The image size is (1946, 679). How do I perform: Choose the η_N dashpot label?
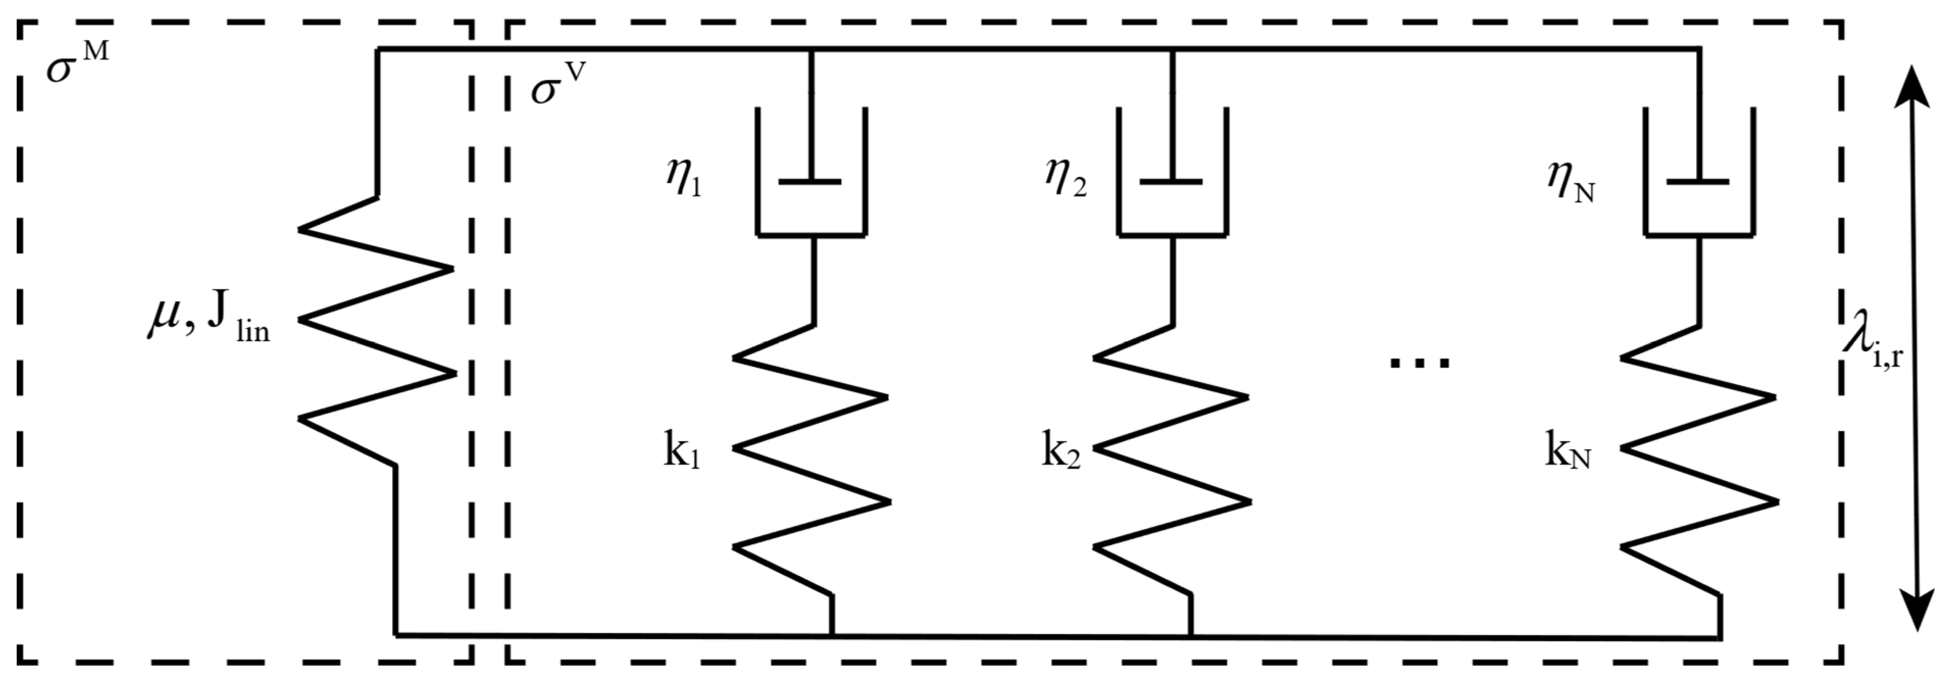tap(1571, 184)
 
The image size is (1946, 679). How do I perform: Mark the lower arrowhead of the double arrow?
tap(1917, 608)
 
